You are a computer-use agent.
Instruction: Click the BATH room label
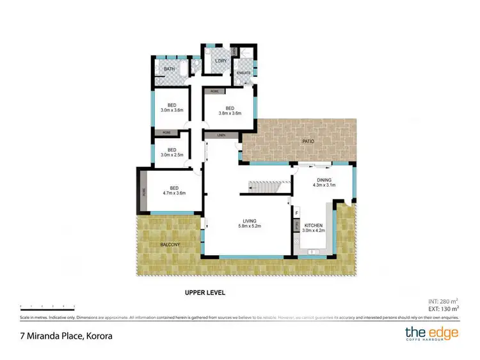pyautogui.click(x=170, y=69)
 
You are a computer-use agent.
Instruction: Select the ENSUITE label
pyautogui.click(x=243, y=74)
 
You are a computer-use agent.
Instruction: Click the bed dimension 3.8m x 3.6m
pyautogui.click(x=229, y=113)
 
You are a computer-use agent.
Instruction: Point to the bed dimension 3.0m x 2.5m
pyautogui.click(x=172, y=154)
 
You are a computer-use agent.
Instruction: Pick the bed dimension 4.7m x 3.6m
pyautogui.click(x=172, y=192)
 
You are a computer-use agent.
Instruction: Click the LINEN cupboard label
pyautogui.click(x=221, y=136)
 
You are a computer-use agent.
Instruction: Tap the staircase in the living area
pyautogui.click(x=264, y=187)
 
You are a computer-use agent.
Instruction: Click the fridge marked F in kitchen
pyautogui.click(x=297, y=212)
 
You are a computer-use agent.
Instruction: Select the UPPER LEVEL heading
pyautogui.click(x=204, y=293)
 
